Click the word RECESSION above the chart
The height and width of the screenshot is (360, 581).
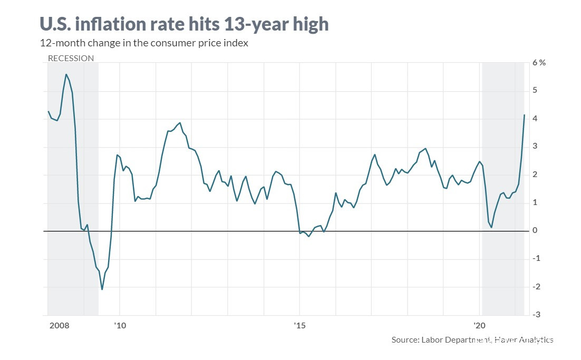(x=71, y=59)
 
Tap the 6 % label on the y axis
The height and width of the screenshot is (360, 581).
(x=539, y=63)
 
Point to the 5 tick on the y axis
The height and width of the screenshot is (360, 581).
(x=535, y=91)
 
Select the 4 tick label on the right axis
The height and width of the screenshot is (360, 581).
(x=535, y=119)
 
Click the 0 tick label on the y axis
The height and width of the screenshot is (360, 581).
(x=535, y=230)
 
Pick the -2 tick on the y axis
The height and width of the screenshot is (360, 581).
(x=534, y=286)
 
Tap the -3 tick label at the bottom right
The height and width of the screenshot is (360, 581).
(x=534, y=315)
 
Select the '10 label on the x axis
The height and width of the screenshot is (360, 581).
(x=120, y=325)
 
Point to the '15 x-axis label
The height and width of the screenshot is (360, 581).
(x=300, y=325)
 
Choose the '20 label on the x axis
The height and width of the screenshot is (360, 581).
(x=479, y=325)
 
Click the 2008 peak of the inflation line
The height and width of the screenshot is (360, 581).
(x=66, y=74)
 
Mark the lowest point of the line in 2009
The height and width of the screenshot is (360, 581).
(x=102, y=289)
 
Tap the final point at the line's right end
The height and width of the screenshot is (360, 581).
(x=524, y=115)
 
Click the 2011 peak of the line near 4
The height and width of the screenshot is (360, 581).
(x=180, y=123)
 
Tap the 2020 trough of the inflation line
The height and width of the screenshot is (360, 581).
(x=491, y=227)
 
